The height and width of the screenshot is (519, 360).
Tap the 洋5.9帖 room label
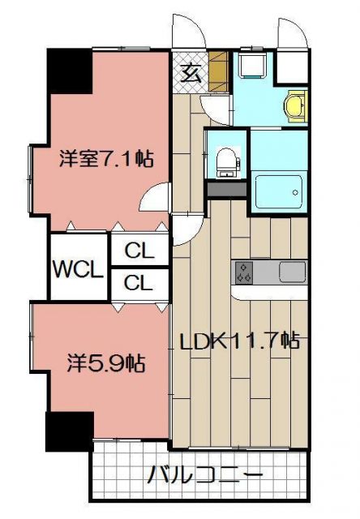coord(105,362)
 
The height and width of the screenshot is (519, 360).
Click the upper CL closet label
coord(139,252)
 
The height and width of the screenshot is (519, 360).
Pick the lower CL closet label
coord(139,284)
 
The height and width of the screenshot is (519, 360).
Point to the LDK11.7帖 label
coord(241,341)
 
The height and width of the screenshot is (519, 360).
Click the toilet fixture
coord(226,161)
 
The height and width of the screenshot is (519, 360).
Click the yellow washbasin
coord(295,105)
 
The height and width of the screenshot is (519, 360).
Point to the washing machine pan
coord(251,66)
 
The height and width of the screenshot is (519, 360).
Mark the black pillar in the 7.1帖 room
coord(69,72)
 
